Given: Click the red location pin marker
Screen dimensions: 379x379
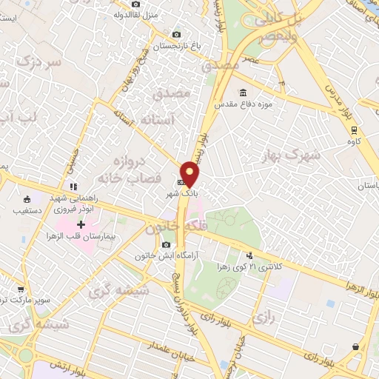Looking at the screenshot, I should point(190,173).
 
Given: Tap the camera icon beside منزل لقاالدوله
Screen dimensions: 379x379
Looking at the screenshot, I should point(135,4).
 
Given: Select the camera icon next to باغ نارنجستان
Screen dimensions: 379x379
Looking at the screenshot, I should point(176,34).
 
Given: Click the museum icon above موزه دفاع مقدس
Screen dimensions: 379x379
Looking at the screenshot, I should point(243,93).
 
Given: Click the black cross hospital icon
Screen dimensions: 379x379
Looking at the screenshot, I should point(81,224).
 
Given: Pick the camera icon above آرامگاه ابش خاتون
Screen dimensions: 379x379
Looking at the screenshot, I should point(166,244).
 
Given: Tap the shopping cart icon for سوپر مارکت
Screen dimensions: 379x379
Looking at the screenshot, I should point(21,289).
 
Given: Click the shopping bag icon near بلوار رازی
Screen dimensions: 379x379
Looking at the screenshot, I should point(356,346).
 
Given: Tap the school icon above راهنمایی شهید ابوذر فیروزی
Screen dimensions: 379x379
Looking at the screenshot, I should point(73,187).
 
